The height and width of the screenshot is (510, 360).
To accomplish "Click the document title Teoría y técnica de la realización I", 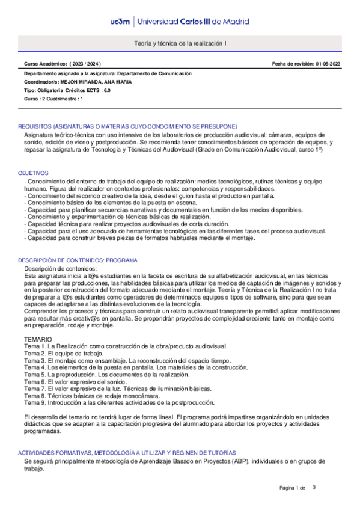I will [180, 44].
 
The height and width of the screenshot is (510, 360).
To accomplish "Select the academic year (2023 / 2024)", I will [85, 64].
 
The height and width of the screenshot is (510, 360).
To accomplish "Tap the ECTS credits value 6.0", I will [107, 90].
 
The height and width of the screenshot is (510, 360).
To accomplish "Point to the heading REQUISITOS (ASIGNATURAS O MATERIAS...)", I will [127, 126].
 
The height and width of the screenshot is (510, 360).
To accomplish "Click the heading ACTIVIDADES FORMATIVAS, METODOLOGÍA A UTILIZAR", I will [127, 452].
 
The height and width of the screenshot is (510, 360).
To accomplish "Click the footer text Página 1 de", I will [293, 487].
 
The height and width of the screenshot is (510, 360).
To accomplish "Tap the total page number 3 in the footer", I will [314, 487].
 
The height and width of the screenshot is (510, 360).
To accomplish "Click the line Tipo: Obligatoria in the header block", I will [43, 90].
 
